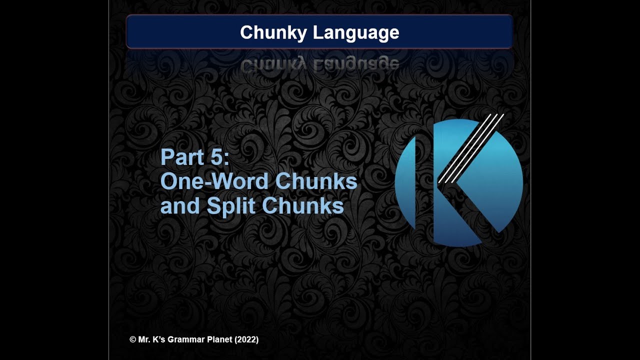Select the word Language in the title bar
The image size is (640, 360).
click(356, 33)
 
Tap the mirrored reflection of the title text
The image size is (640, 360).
click(319, 64)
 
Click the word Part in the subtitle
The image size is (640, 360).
click(177, 157)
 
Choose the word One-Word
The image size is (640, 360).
click(215, 181)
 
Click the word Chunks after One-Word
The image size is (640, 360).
click(316, 181)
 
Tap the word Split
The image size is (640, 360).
click(231, 206)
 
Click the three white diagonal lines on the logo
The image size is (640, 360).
click(470, 148)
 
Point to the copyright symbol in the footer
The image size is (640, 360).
click(132, 339)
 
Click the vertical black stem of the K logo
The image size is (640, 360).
click(424, 182)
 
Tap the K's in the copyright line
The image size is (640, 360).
click(158, 339)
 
